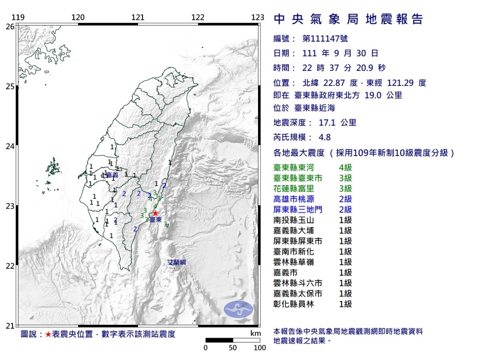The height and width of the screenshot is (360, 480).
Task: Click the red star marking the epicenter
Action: point(155,213)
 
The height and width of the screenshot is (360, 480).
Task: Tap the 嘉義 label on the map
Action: point(112,175)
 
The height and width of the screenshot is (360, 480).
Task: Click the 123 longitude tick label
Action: point(258,17)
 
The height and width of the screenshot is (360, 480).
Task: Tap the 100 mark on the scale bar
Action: point(260,348)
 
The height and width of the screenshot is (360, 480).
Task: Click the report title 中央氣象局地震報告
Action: point(348,19)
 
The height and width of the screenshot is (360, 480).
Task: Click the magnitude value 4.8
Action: point(324,137)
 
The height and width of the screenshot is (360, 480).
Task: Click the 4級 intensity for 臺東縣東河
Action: point(345,168)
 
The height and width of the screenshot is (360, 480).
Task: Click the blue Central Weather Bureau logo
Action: point(238,309)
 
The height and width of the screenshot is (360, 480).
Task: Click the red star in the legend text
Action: point(48,334)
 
